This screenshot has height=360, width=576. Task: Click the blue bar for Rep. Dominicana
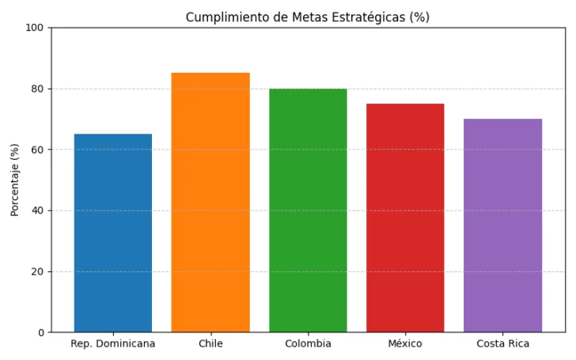(113, 233)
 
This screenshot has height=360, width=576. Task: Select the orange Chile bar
(210, 203)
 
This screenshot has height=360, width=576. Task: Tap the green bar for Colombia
(308, 210)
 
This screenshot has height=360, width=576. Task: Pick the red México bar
(405, 218)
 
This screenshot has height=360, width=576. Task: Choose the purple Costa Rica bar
(502, 225)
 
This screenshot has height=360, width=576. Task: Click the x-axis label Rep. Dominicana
(113, 343)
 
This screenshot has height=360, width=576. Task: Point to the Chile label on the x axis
(210, 343)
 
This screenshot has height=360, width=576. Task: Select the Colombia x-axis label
(308, 343)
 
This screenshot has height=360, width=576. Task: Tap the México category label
(405, 343)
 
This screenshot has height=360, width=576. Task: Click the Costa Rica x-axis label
(502, 343)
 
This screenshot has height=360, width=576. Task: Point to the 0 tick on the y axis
(40, 332)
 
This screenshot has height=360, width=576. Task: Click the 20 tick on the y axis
(37, 271)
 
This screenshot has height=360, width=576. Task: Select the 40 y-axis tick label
(37, 210)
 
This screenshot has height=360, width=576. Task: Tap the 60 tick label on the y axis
(37, 150)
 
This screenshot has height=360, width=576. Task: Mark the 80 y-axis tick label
(37, 89)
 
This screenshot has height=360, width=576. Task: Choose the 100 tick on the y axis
(35, 28)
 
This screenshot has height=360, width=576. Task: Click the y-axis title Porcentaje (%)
(15, 180)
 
